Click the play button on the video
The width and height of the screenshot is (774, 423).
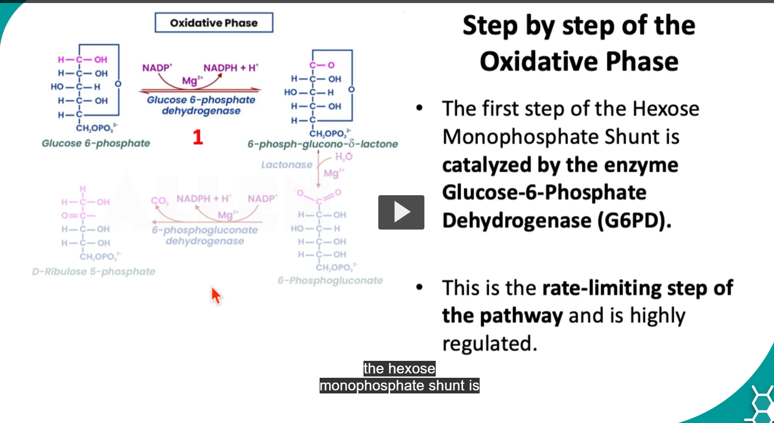click(x=401, y=212)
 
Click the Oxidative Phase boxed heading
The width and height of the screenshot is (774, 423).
click(x=214, y=23)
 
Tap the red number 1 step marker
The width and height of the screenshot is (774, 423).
click(x=198, y=137)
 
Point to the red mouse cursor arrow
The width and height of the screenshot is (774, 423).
click(x=216, y=295)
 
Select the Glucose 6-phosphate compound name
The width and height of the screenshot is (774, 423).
click(x=96, y=143)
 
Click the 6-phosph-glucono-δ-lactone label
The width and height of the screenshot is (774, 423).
click(x=323, y=144)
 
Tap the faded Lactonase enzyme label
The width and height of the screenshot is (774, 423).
click(x=287, y=165)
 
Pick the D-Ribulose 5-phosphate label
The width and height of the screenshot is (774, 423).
click(x=93, y=272)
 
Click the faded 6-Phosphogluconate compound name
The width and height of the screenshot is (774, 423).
click(x=330, y=281)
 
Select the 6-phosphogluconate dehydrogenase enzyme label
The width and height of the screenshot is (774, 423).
click(x=205, y=235)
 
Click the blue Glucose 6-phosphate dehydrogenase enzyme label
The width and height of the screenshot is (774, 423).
click(x=201, y=105)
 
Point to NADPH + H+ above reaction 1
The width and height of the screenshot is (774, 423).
click(x=230, y=68)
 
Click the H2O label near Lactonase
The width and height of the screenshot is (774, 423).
click(x=344, y=157)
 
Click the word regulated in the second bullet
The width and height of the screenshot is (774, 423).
click(x=490, y=343)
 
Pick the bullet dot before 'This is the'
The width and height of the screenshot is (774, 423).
click(x=419, y=287)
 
